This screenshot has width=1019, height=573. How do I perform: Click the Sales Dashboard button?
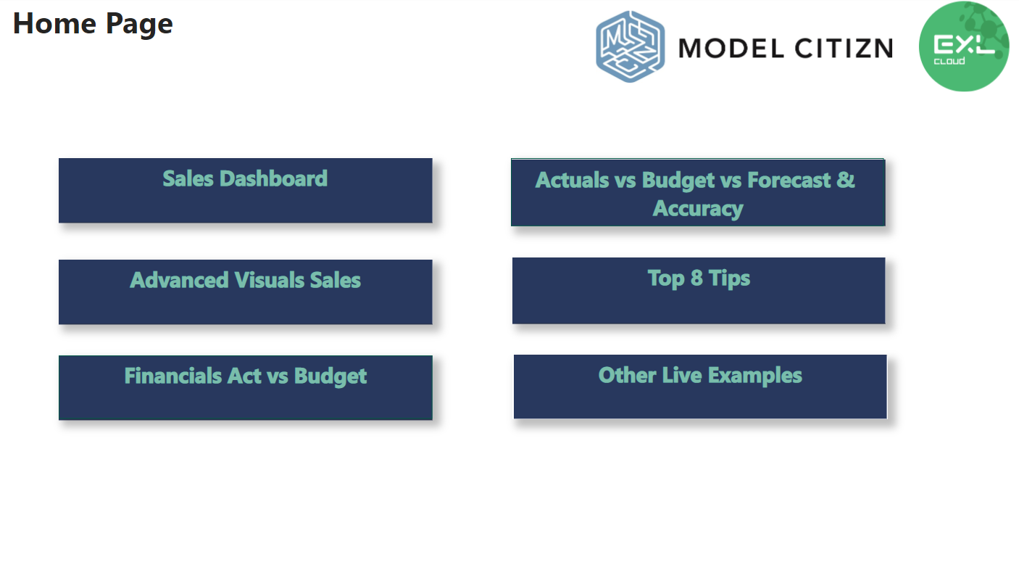click(245, 190)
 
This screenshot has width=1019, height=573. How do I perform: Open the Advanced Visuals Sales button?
click(245, 292)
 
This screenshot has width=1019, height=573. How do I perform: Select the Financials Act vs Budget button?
click(245, 387)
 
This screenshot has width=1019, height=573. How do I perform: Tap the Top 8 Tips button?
click(699, 290)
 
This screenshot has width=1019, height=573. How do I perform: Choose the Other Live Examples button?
click(700, 387)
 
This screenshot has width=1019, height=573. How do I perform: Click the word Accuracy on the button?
click(698, 209)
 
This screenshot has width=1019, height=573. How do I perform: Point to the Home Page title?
click(93, 24)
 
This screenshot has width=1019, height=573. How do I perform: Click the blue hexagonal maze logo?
click(630, 46)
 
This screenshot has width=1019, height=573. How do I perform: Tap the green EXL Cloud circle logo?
click(963, 46)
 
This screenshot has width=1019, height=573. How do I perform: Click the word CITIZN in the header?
click(844, 49)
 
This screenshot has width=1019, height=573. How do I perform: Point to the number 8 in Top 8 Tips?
click(696, 278)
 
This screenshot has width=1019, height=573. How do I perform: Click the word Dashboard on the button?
click(273, 178)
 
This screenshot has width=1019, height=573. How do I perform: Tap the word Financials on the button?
click(173, 376)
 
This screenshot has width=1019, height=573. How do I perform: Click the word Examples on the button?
click(754, 376)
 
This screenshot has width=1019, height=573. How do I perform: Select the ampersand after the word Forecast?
click(845, 180)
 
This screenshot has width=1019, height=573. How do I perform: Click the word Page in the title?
click(139, 25)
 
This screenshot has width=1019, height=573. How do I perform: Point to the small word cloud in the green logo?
click(949, 61)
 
